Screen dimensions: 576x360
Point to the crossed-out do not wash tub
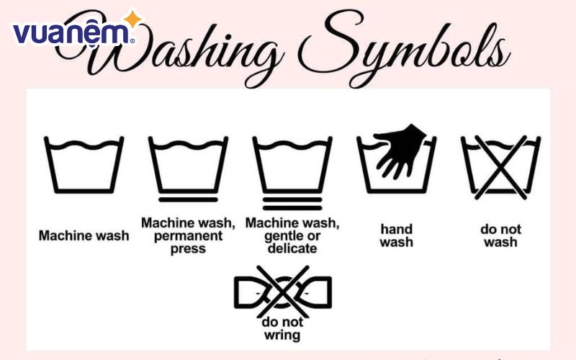coord(500,167)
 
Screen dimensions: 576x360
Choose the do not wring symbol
coord(283,292)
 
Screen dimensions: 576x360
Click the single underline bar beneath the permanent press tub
coord(188,200)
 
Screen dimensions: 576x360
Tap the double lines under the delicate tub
coord(292,204)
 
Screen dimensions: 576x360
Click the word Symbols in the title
coord(404,48)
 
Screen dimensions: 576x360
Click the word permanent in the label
coord(188,236)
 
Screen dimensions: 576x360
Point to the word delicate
coord(292,248)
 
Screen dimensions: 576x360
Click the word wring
coord(282,336)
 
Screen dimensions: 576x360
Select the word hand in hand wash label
coord(397,229)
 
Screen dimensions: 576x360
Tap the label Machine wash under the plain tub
coord(84,235)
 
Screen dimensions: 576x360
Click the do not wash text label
coord(500,235)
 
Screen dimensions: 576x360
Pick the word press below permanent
coord(188,249)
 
